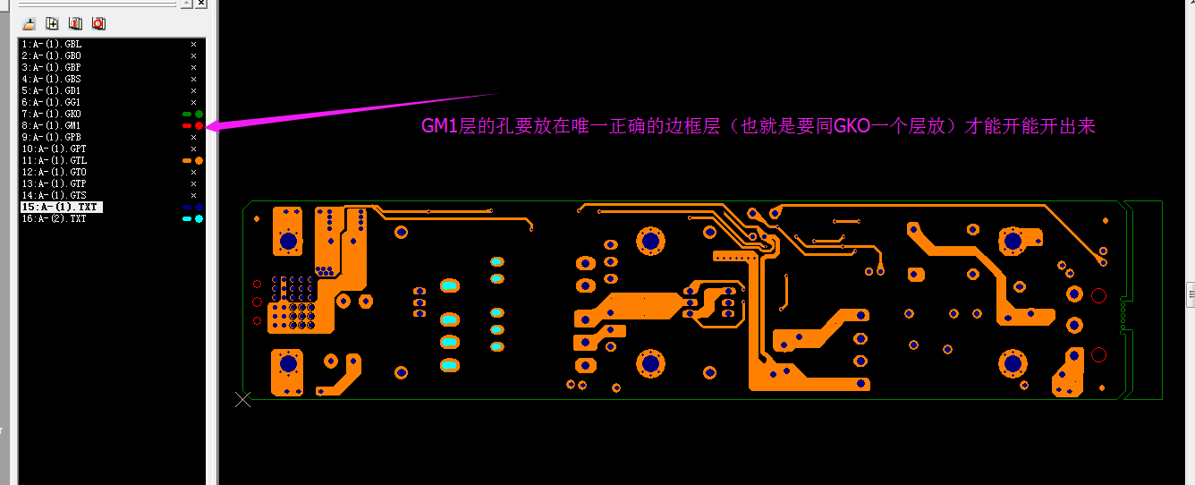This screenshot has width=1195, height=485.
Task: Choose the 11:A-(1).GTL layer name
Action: pos(54,160)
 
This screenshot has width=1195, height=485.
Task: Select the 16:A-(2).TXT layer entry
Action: pos(54,218)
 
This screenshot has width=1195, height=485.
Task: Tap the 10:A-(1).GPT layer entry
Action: pos(54,149)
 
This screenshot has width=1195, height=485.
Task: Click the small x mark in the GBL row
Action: pos(193,44)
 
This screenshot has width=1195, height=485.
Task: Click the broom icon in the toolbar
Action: pos(29,22)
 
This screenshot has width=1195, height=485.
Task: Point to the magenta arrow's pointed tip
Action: pos(208,128)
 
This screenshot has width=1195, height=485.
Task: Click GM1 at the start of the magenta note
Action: pos(440,127)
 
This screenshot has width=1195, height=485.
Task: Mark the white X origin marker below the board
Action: pos(242,399)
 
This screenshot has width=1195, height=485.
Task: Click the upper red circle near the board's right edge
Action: pos(1099,295)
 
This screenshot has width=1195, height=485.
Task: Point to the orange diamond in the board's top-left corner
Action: pos(257,217)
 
